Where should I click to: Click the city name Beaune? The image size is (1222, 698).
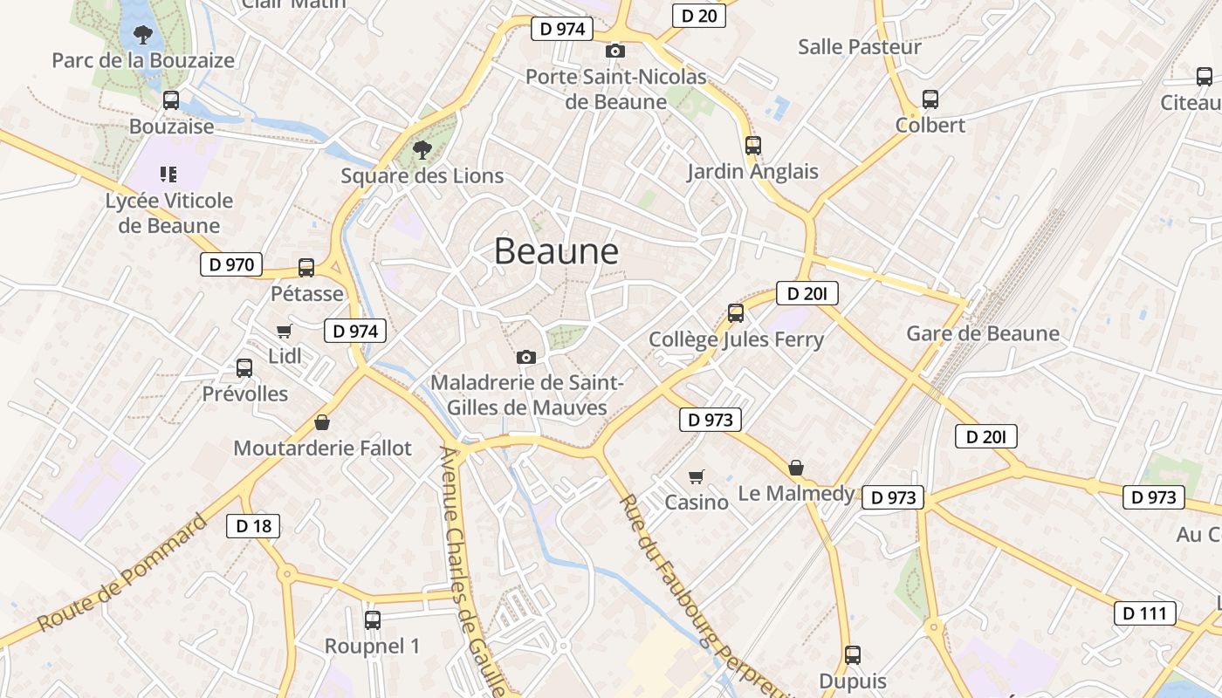coord(556,251)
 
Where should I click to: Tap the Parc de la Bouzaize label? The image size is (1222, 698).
coord(143,60)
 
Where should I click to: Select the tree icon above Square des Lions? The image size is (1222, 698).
coord(422,149)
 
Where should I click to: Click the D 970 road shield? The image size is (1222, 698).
coord(231,264)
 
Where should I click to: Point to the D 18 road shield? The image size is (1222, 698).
coord(253,525)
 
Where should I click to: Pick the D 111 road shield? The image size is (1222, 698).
coord(1144,613)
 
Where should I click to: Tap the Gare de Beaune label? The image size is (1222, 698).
coord(983,333)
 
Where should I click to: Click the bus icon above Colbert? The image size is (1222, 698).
coord(930,99)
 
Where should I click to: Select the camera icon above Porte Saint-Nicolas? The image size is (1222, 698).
coord(615,51)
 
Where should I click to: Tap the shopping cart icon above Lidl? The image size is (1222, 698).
coord(284,332)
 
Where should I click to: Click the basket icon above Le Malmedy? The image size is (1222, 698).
coord(796,469)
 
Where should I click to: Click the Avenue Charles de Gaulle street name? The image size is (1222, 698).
coord(471,571)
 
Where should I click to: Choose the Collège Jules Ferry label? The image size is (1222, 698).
coord(736,339)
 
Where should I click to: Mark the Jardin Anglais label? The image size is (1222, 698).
coord(752,171)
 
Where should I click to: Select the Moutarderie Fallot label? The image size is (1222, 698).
coord(322,448)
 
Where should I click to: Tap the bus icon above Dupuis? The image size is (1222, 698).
coord(853,655)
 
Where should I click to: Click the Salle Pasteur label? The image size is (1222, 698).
coord(860,47)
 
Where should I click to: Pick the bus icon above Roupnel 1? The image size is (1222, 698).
coord(373,620)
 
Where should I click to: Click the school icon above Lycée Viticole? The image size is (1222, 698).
coord(168,174)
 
